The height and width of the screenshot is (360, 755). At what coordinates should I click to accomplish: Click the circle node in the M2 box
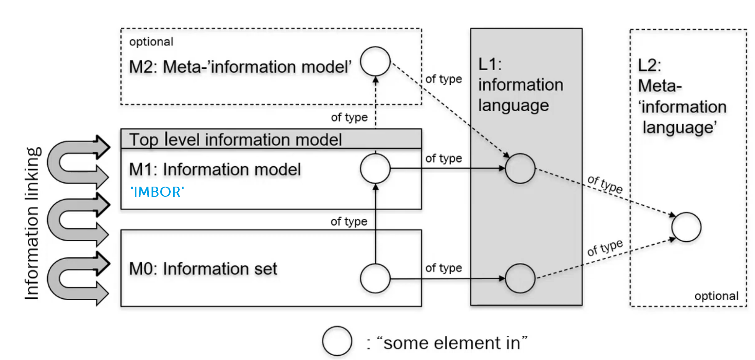tap(375, 61)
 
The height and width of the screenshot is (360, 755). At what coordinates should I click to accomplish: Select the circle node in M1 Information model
tap(375, 168)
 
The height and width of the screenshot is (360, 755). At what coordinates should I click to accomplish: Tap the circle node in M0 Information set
tap(375, 278)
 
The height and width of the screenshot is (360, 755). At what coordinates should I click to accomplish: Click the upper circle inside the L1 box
tap(520, 168)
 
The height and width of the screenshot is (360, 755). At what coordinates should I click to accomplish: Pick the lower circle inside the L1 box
tap(520, 278)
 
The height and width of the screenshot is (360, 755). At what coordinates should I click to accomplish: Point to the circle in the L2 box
tap(686, 227)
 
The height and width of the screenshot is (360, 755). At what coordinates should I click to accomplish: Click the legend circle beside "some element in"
tap(337, 341)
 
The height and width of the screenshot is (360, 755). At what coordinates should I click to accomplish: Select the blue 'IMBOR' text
tap(157, 192)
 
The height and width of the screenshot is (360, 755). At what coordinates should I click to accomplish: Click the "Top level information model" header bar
tap(271, 139)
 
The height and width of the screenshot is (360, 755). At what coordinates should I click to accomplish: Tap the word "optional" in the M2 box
tap(151, 42)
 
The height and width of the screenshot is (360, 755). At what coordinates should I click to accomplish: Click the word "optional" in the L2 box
tap(716, 296)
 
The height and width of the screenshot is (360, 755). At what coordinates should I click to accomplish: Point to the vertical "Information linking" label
tap(32, 223)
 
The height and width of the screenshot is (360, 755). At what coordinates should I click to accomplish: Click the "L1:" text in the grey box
tap(490, 64)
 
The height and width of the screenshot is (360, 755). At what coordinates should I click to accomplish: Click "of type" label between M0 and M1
tap(349, 221)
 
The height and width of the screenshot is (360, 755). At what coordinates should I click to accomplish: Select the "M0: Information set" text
tap(203, 269)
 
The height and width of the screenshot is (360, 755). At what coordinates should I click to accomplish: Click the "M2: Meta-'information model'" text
tap(240, 67)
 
